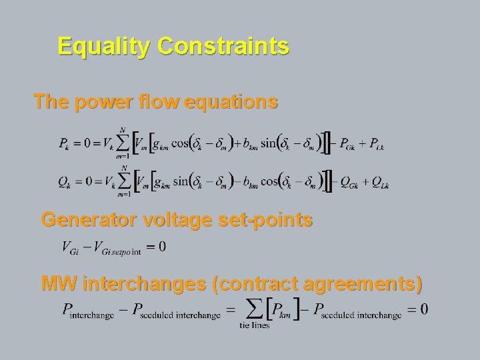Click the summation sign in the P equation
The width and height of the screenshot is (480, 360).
123,143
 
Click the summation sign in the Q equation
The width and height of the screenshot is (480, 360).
123,180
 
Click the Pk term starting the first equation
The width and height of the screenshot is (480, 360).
64,144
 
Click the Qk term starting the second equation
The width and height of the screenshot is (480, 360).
64,181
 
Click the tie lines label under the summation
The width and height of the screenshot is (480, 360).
254,325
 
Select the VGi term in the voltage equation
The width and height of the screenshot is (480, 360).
71,248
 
